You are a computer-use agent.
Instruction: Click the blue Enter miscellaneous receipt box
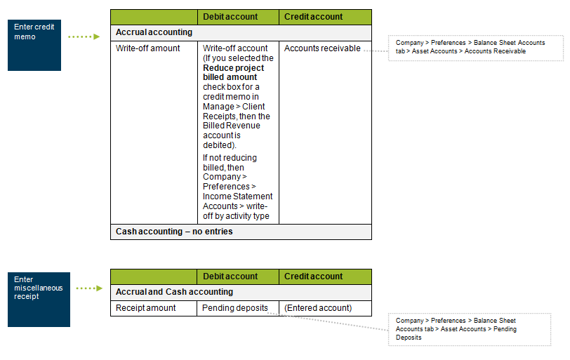coord(39,299)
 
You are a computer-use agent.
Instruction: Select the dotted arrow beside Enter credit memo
coord(84,36)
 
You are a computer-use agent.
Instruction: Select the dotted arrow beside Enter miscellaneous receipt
coord(89,288)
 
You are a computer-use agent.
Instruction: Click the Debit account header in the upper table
coord(230,17)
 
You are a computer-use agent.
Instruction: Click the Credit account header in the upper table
coord(313,17)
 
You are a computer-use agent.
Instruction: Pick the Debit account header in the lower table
coord(230,276)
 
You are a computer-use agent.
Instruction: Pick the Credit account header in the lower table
coord(313,276)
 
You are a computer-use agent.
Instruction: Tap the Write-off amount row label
coord(147,48)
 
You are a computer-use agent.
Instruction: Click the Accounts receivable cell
coord(322,48)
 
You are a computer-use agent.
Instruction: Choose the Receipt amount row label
coord(145,308)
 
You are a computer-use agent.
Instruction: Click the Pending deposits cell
coord(234,308)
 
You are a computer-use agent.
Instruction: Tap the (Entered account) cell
coord(318,308)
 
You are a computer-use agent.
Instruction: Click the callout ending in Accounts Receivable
coord(470,47)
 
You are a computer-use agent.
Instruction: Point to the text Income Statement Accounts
coord(237,201)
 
